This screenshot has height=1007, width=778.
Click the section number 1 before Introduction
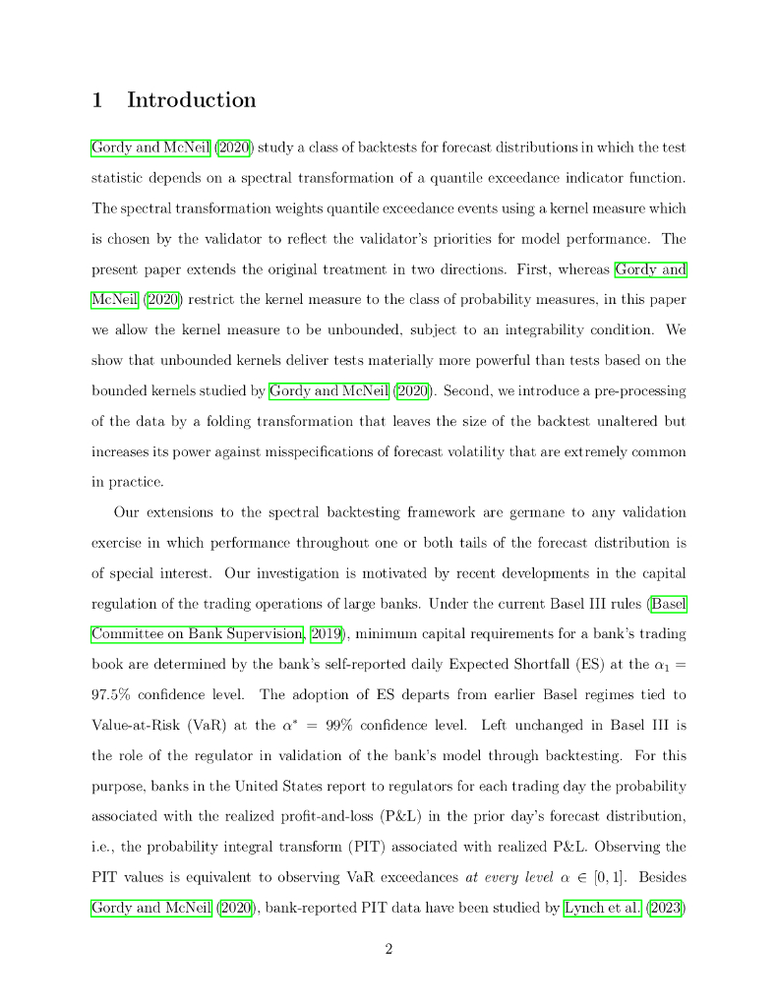(x=97, y=100)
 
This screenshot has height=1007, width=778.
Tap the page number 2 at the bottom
(x=389, y=949)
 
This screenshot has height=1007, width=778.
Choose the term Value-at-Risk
(x=124, y=726)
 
